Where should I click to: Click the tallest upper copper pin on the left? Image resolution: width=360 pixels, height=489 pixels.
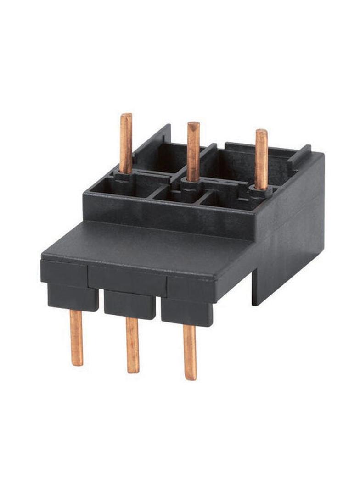[126, 142]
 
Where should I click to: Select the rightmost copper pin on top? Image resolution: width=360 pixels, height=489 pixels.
[261, 158]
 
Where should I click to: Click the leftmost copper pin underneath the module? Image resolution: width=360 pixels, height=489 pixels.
[77, 337]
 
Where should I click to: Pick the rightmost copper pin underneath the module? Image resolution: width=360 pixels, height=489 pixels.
[190, 351]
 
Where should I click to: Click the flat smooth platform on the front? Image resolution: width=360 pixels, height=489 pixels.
[152, 248]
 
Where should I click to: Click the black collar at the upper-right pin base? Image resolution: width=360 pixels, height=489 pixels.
[260, 192]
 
